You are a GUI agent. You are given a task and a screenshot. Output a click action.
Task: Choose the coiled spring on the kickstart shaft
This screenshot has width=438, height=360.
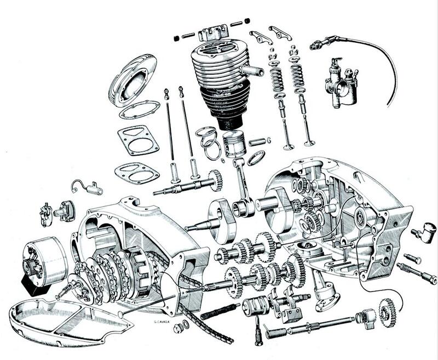click(x=277, y=332)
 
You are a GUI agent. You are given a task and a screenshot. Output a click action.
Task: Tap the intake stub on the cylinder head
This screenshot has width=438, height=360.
click(x=252, y=70)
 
